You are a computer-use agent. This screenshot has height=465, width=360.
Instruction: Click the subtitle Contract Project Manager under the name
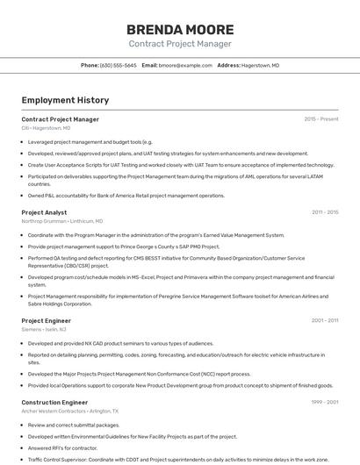tap(180, 44)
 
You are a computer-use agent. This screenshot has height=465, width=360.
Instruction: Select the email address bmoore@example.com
tap(185, 65)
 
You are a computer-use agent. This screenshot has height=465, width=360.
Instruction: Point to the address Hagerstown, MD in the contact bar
tap(261, 65)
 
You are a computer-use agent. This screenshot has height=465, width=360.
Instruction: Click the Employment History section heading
tap(65, 100)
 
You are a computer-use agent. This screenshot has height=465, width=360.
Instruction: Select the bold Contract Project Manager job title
tap(60, 119)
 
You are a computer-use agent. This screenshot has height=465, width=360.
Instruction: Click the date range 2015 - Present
tap(320, 119)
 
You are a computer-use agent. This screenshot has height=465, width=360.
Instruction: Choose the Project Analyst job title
tap(44, 212)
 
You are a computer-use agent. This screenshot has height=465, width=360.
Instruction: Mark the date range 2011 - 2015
tap(324, 212)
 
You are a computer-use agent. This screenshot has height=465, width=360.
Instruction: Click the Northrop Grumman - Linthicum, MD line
tap(61, 221)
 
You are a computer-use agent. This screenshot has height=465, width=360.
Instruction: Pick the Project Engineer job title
tap(46, 321)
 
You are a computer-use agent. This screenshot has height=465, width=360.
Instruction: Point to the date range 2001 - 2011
tap(324, 321)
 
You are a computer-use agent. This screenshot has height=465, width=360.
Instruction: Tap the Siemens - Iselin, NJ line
tap(44, 330)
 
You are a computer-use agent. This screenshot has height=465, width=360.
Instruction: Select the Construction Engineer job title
tap(54, 403)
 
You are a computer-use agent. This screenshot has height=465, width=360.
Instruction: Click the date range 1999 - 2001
tap(324, 403)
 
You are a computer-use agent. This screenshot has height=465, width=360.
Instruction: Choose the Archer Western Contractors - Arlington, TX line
tap(69, 411)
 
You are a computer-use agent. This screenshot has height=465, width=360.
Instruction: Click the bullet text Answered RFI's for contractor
tap(64, 447)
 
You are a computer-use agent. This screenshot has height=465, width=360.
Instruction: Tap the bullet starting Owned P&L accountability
tap(126, 196)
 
